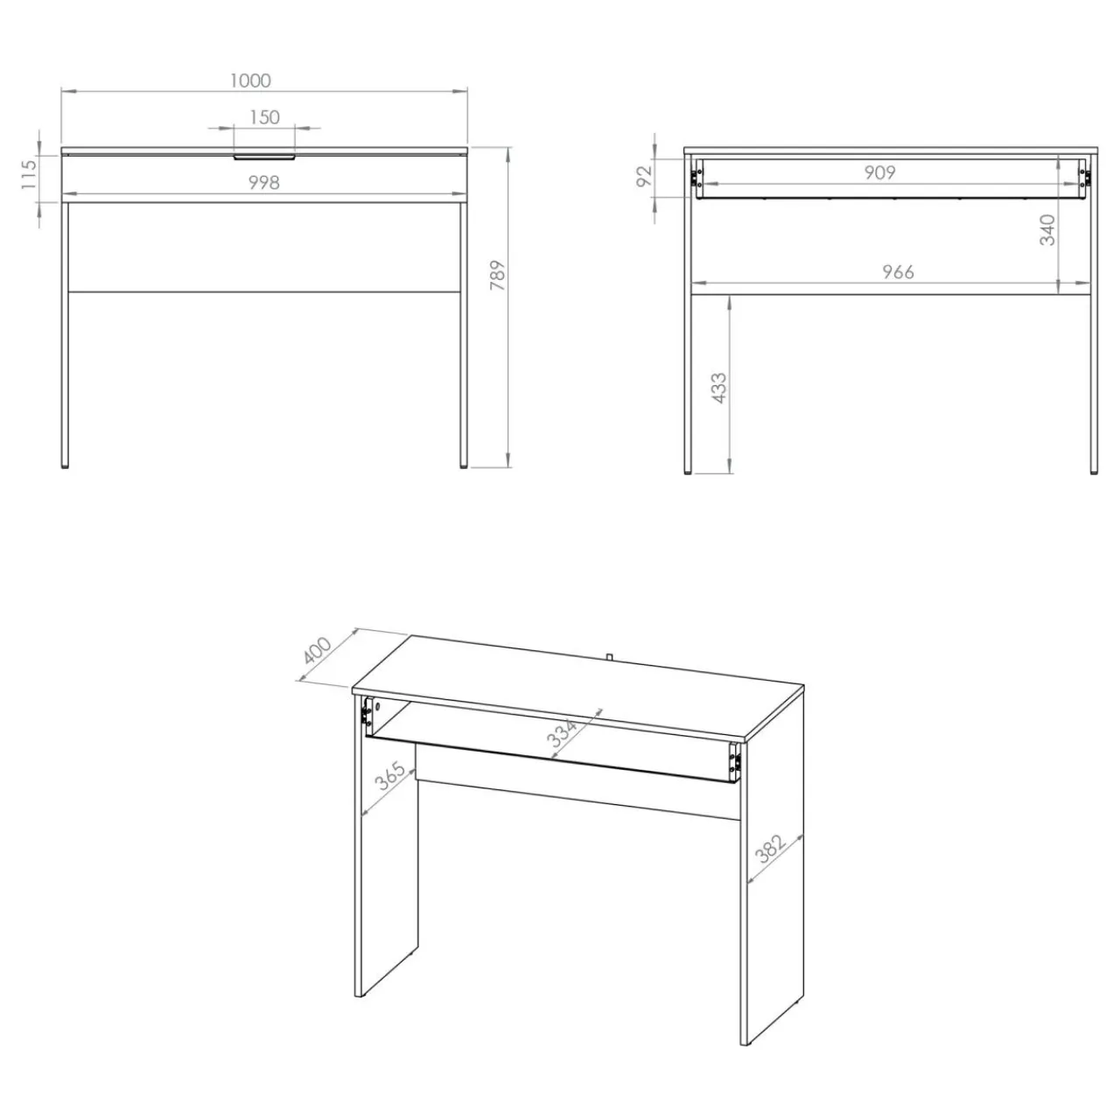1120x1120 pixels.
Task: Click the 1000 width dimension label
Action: (250, 80)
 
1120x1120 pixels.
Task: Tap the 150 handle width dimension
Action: (264, 117)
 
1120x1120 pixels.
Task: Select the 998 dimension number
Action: (264, 183)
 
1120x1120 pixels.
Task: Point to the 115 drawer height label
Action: (29, 174)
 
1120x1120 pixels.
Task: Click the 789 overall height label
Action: (498, 276)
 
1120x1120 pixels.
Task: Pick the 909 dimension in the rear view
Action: (879, 172)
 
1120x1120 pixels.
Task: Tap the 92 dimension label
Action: (645, 176)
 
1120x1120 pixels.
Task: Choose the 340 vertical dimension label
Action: (1046, 230)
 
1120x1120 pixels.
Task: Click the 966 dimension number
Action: (898, 271)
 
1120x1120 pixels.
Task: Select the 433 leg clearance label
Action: (719, 388)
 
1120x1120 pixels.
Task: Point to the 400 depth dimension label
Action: (318, 651)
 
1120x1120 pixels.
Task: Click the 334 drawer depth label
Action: (563, 733)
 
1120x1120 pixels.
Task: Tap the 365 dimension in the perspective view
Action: (390, 776)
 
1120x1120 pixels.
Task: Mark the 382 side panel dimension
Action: (771, 848)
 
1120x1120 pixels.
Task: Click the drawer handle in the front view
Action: (264, 157)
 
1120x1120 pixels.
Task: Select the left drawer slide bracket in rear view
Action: (694, 178)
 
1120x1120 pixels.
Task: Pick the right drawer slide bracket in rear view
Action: (1084, 178)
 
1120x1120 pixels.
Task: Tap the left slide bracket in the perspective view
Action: (366, 711)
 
